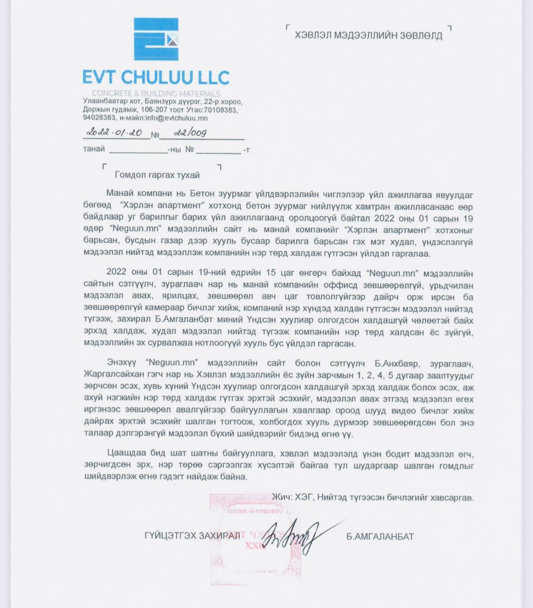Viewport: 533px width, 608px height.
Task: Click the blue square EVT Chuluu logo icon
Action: (156, 39)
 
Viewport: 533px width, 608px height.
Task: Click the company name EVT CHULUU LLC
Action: (156, 78)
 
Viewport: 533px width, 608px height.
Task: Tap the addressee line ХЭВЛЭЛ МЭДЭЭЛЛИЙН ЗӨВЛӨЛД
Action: (368, 35)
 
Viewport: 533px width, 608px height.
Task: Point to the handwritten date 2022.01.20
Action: (115, 132)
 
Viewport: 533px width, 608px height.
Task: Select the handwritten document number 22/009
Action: (190, 133)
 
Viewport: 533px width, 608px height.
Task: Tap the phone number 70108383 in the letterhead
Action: (218, 110)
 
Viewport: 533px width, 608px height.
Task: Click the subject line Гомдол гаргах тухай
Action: (157, 175)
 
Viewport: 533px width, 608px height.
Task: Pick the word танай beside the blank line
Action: (94, 149)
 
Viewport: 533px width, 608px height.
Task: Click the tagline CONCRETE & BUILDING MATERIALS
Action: (156, 93)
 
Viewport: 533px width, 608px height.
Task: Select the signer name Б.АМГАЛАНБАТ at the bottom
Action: (380, 537)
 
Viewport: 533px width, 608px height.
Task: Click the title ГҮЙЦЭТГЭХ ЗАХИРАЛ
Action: (192, 536)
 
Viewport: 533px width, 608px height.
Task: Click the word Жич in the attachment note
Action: (281, 497)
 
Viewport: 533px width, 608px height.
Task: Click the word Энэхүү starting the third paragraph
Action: (121, 362)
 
